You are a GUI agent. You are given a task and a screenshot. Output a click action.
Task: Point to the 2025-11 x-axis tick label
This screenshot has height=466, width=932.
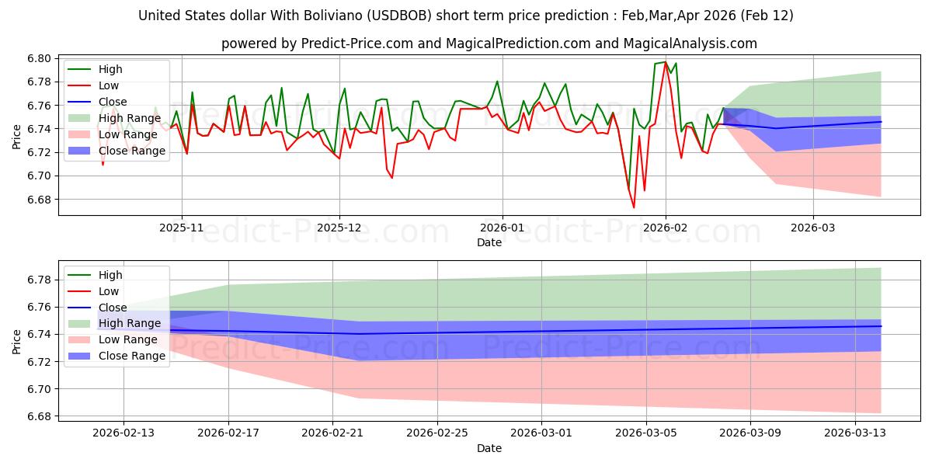[x=182, y=228]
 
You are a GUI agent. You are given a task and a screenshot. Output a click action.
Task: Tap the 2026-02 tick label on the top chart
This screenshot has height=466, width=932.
[x=665, y=228]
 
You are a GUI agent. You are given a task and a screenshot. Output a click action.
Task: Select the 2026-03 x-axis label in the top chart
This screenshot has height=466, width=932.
[x=813, y=228]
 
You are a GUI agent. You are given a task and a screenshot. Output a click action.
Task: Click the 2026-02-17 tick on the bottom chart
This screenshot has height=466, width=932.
[x=228, y=433]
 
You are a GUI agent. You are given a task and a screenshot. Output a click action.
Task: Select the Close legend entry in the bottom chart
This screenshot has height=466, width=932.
[x=113, y=308]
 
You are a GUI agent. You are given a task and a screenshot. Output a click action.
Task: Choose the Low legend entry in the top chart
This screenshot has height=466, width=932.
[x=110, y=85]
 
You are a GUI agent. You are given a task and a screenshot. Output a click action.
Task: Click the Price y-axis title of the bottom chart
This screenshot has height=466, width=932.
[x=17, y=342]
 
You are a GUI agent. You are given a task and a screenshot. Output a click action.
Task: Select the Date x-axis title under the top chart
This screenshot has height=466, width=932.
[x=489, y=242]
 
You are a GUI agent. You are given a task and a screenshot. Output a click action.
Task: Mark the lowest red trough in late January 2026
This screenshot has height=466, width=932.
[x=634, y=207]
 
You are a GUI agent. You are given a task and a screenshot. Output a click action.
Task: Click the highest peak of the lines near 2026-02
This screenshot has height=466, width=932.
[x=665, y=61]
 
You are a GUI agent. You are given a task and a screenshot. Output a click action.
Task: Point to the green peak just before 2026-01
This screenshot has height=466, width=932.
[x=497, y=81]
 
